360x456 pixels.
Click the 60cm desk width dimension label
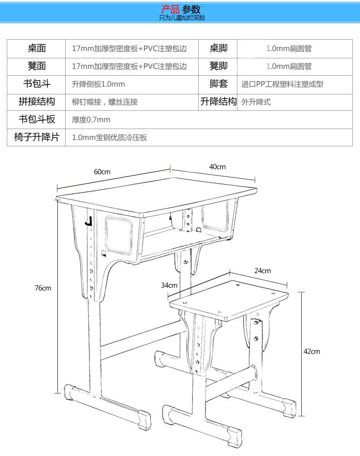(x=102, y=172)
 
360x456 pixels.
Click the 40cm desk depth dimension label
(x=217, y=167)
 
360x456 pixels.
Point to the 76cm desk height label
(x=43, y=288)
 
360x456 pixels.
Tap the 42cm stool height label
(x=312, y=351)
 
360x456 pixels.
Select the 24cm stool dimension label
(x=262, y=271)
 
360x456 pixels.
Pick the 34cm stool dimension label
(x=169, y=285)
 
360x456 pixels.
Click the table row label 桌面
(x=36, y=48)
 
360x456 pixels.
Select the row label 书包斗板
(x=36, y=119)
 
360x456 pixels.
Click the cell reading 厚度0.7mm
(x=91, y=120)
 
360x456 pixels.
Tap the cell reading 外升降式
(x=256, y=102)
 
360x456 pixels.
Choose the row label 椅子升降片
(x=36, y=137)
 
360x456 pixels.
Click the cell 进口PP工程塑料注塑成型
(x=282, y=84)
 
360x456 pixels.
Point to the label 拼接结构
(x=36, y=102)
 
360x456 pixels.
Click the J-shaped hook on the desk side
(x=89, y=221)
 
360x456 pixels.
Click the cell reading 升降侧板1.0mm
(x=98, y=84)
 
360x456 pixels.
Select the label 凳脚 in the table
(x=218, y=66)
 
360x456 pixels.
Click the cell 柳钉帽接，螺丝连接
(x=105, y=102)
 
